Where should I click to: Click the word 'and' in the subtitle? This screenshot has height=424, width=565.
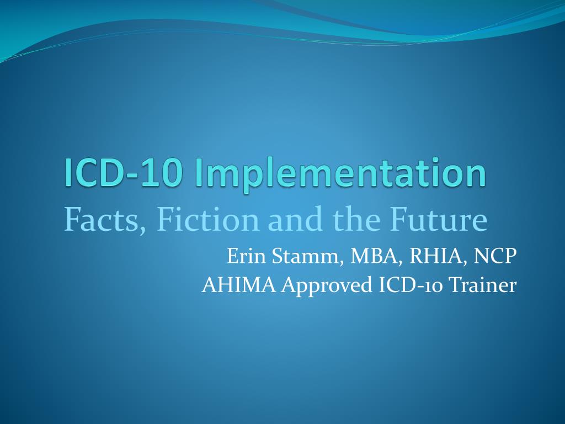pyautogui.click(x=293, y=220)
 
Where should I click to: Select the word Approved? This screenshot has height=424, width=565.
pyautogui.click(x=327, y=286)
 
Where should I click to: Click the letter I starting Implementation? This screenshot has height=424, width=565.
pyautogui.click(x=198, y=172)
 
